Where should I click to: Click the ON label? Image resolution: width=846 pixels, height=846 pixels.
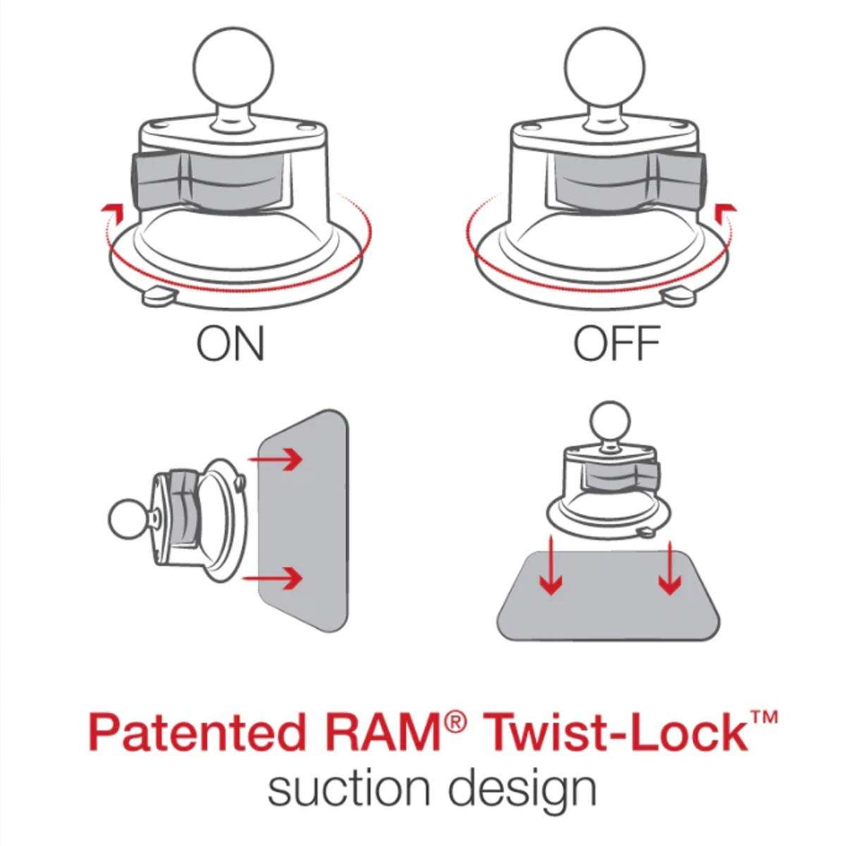pos(231,343)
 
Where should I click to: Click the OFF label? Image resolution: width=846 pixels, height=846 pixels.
pos(616,343)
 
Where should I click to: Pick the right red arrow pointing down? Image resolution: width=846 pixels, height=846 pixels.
pos(669,572)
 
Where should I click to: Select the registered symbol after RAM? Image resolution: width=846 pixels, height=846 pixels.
pos(456,721)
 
